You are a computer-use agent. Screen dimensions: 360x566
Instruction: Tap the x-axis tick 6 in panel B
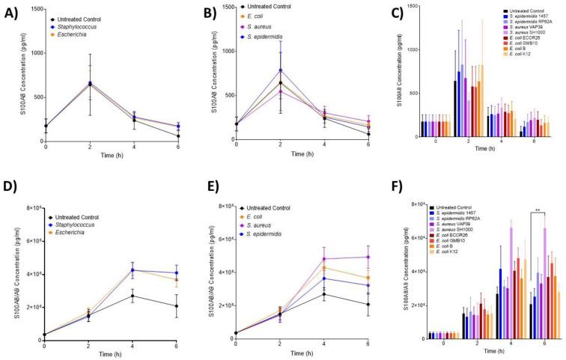369,145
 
